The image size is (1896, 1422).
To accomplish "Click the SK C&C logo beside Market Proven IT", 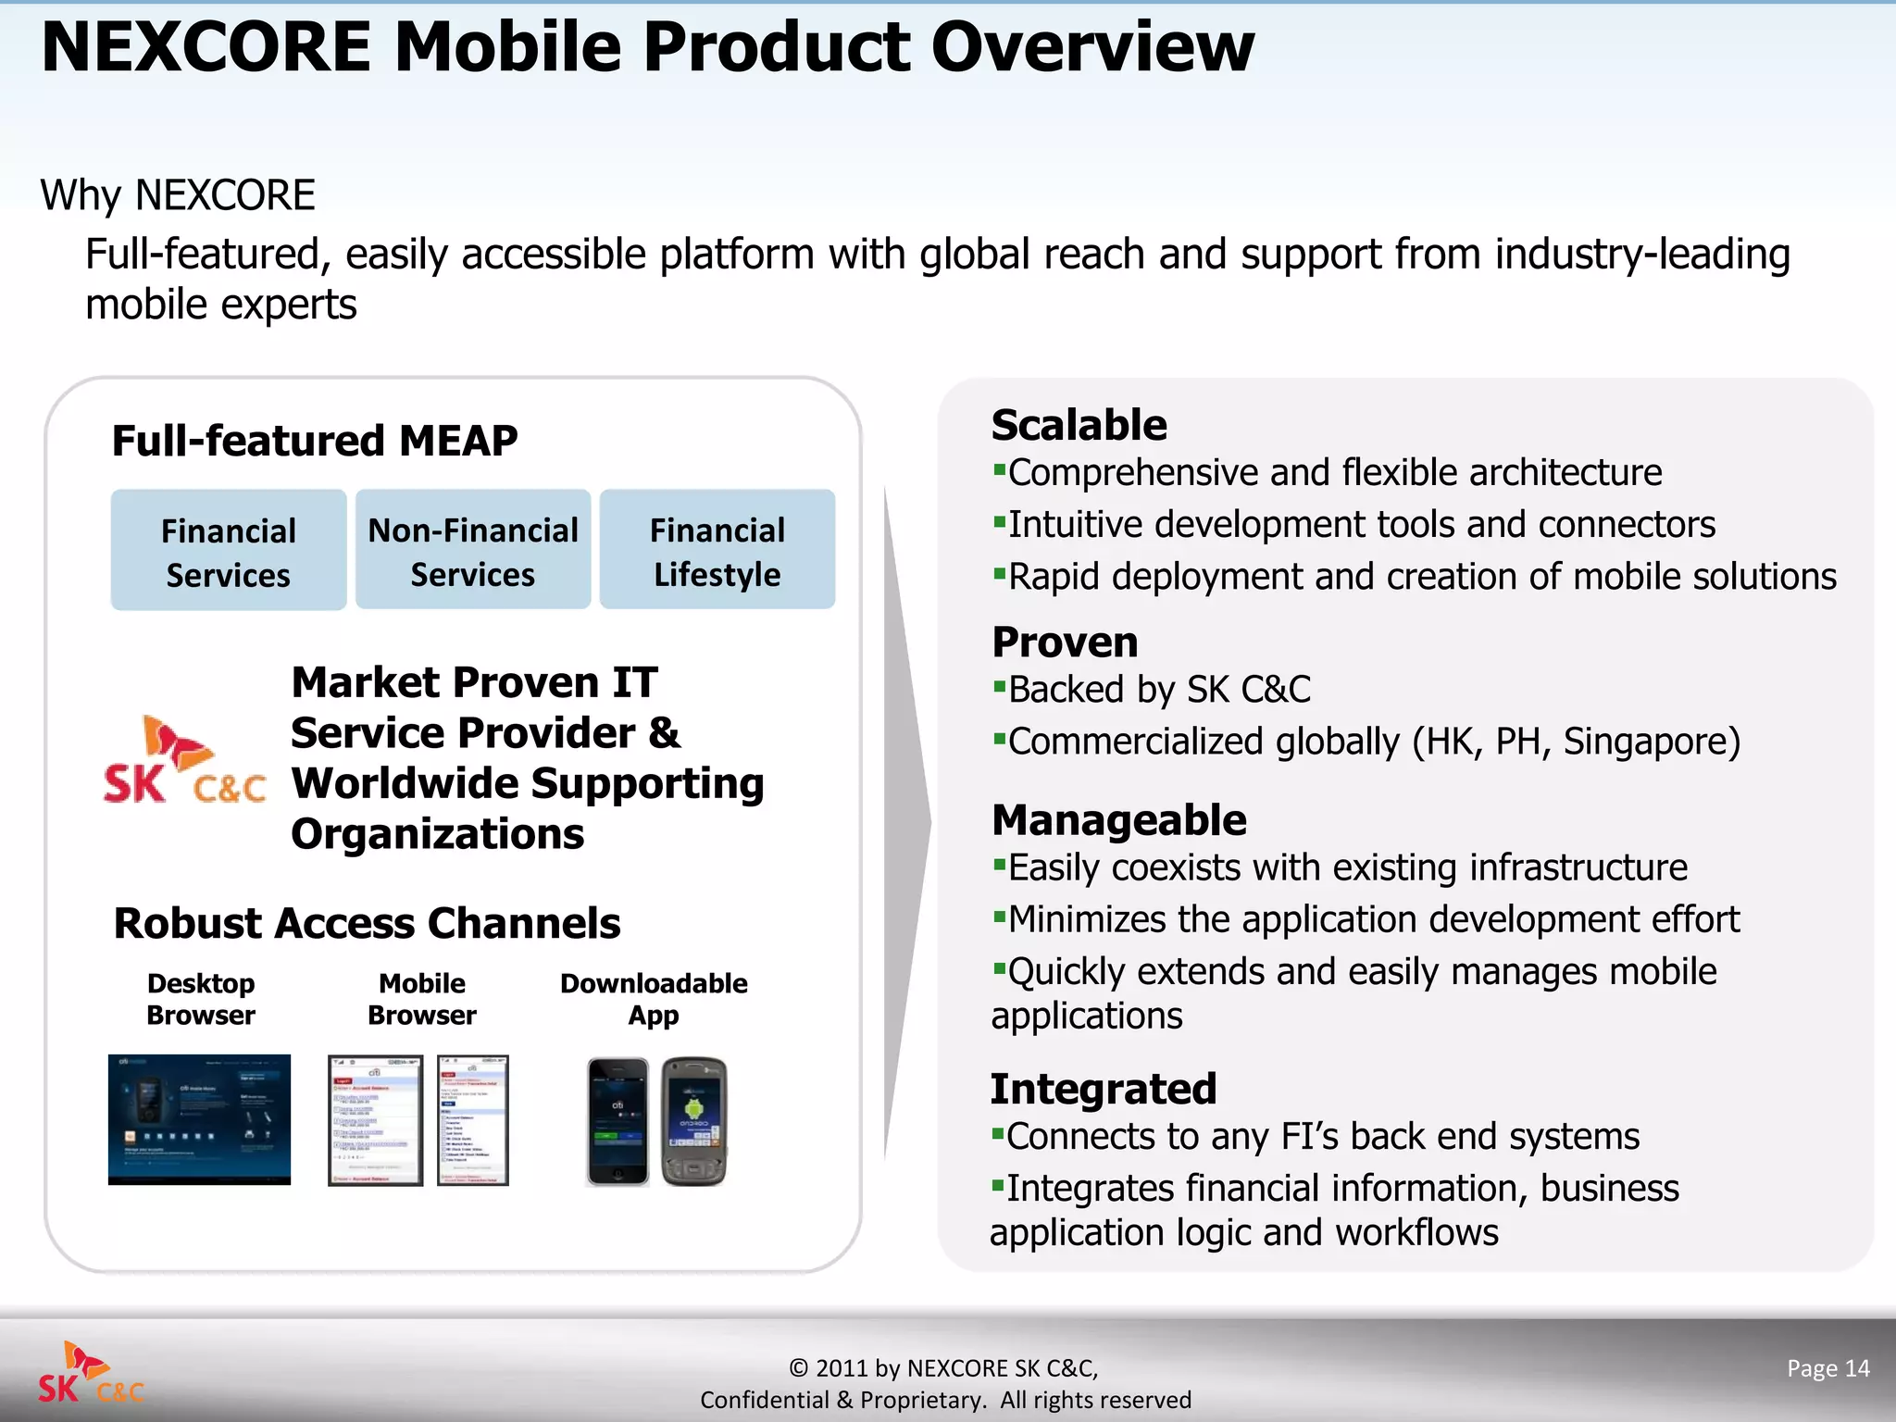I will [184, 760].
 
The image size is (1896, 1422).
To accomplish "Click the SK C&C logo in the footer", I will [91, 1373].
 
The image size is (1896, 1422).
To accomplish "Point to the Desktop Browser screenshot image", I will [199, 1119].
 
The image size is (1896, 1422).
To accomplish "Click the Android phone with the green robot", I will [694, 1121].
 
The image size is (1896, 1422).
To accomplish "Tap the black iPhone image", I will [617, 1121].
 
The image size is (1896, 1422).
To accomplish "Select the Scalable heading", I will [1079, 426].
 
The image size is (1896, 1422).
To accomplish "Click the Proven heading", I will [1065, 642].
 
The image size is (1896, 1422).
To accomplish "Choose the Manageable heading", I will [1118, 820].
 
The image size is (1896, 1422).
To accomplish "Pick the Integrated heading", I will [1103, 1089].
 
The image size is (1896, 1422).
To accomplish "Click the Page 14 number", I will [1827, 1368].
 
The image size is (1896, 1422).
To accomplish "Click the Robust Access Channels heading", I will [367, 924].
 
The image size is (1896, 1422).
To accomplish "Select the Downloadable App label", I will [654, 999].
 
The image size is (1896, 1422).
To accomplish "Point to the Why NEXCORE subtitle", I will [178, 195].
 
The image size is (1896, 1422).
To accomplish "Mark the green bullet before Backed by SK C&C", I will [999, 686].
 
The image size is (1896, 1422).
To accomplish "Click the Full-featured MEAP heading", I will [315, 441].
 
